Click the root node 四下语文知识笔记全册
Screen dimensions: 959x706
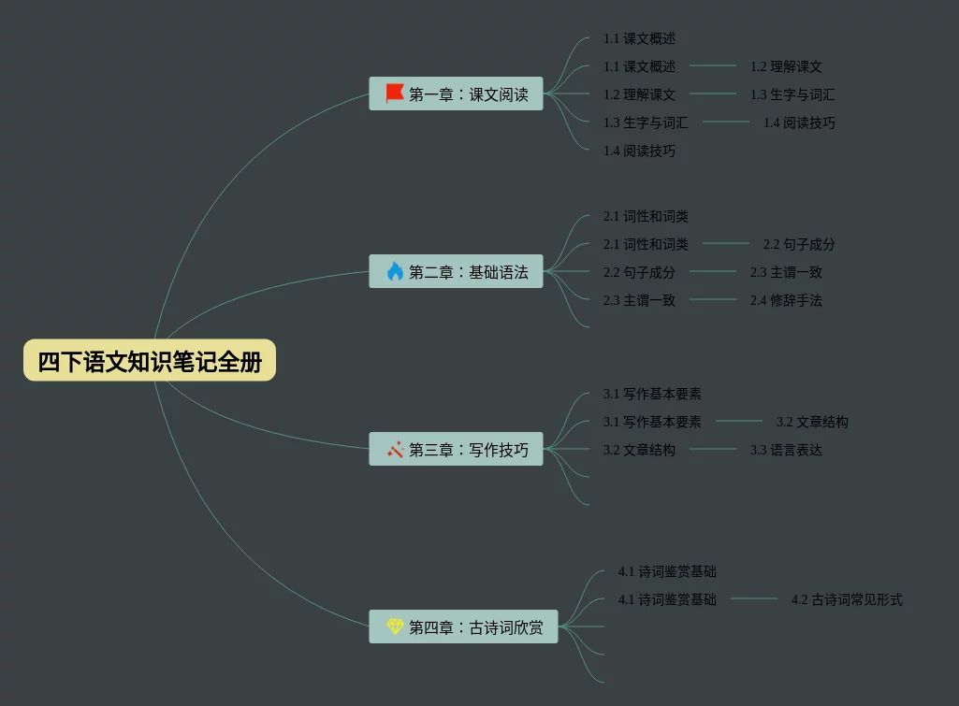pyautogui.click(x=150, y=361)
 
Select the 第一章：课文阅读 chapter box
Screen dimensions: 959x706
pyautogui.click(x=456, y=94)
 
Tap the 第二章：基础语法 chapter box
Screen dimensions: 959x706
pyautogui.click(x=456, y=271)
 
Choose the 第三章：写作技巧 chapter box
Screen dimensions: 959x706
pyautogui.click(x=456, y=449)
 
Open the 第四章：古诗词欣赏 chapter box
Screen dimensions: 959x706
pyautogui.click(x=463, y=627)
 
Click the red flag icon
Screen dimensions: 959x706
pyautogui.click(x=395, y=94)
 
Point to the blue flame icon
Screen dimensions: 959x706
pyautogui.click(x=395, y=271)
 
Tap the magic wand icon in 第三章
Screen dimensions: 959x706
pyautogui.click(x=395, y=449)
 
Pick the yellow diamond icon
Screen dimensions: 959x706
pyautogui.click(x=395, y=627)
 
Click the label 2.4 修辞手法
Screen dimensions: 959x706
pyautogui.click(x=786, y=300)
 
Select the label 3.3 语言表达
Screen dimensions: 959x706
pyautogui.click(x=786, y=450)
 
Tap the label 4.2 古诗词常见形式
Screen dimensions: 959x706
pyautogui.click(x=847, y=599)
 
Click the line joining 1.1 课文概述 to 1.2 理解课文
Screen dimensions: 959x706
pyautogui.click(x=713, y=65)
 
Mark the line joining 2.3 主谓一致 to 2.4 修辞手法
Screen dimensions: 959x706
pyautogui.click(x=713, y=299)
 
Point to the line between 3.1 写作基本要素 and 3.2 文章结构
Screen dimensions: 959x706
pyautogui.click(x=739, y=421)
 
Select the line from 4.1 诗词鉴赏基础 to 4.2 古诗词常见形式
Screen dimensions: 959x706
pyautogui.click(x=754, y=598)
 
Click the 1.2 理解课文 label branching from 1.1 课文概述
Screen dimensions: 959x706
pyautogui.click(x=786, y=66)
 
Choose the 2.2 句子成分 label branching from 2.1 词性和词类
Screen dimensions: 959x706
pyautogui.click(x=799, y=244)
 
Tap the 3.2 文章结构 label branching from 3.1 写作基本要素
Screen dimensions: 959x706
pyautogui.click(x=812, y=422)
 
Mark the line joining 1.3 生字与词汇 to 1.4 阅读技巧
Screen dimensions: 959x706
pyautogui.click(x=726, y=122)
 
